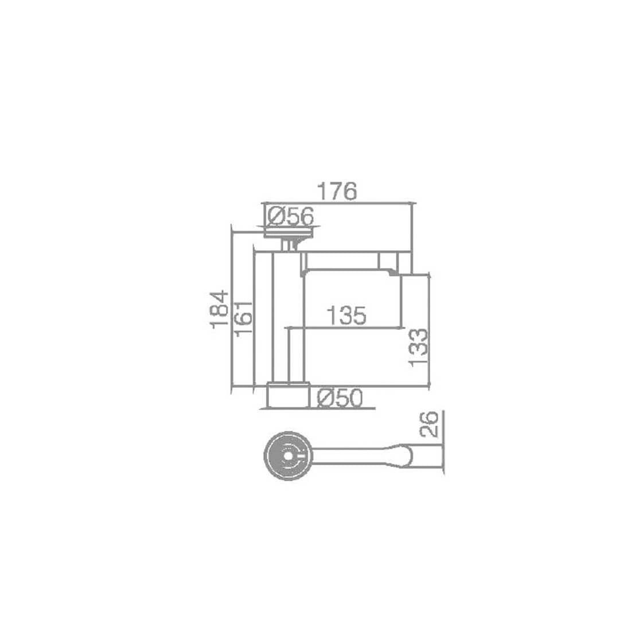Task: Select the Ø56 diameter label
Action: point(291,216)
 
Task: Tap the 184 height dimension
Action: point(220,309)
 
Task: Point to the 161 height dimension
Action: point(243,318)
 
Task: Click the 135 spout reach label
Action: point(346,315)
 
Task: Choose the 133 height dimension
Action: point(418,347)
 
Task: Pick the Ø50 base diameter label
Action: point(340,399)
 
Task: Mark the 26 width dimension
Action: point(428,424)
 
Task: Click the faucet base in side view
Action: point(288,395)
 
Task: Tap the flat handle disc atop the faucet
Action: point(289,232)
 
